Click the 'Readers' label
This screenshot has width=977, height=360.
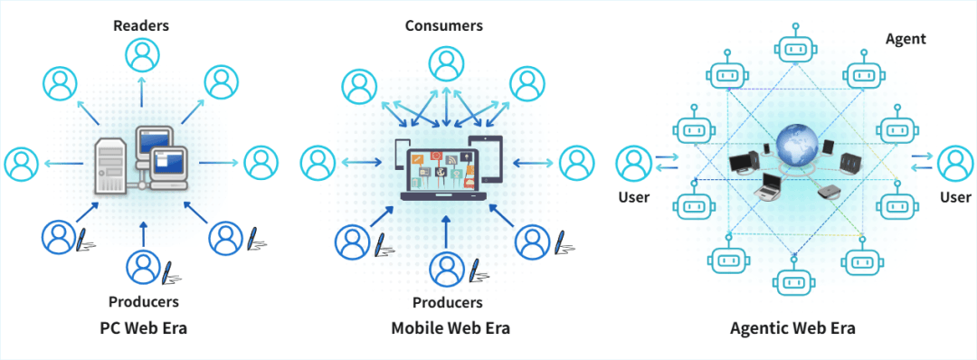[140, 24]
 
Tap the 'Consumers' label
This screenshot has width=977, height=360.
[443, 25]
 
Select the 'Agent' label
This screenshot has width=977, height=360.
[906, 39]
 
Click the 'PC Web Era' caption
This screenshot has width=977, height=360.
[143, 327]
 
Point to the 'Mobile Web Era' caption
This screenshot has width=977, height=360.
[451, 327]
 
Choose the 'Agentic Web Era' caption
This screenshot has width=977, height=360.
[792, 327]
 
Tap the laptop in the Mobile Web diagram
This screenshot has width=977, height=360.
[441, 166]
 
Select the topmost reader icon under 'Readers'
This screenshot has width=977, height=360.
[141, 56]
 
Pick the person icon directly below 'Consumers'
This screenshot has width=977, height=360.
[443, 62]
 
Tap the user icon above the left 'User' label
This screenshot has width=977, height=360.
[632, 163]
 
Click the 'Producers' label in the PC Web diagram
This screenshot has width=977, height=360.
[143, 301]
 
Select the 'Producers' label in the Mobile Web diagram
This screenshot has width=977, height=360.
[447, 302]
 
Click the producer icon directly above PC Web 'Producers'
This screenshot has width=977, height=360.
[143, 266]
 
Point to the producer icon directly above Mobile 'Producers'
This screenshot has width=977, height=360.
[447, 267]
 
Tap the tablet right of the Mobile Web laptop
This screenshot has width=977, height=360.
[486, 158]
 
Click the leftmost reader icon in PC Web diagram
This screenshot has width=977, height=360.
[20, 164]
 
